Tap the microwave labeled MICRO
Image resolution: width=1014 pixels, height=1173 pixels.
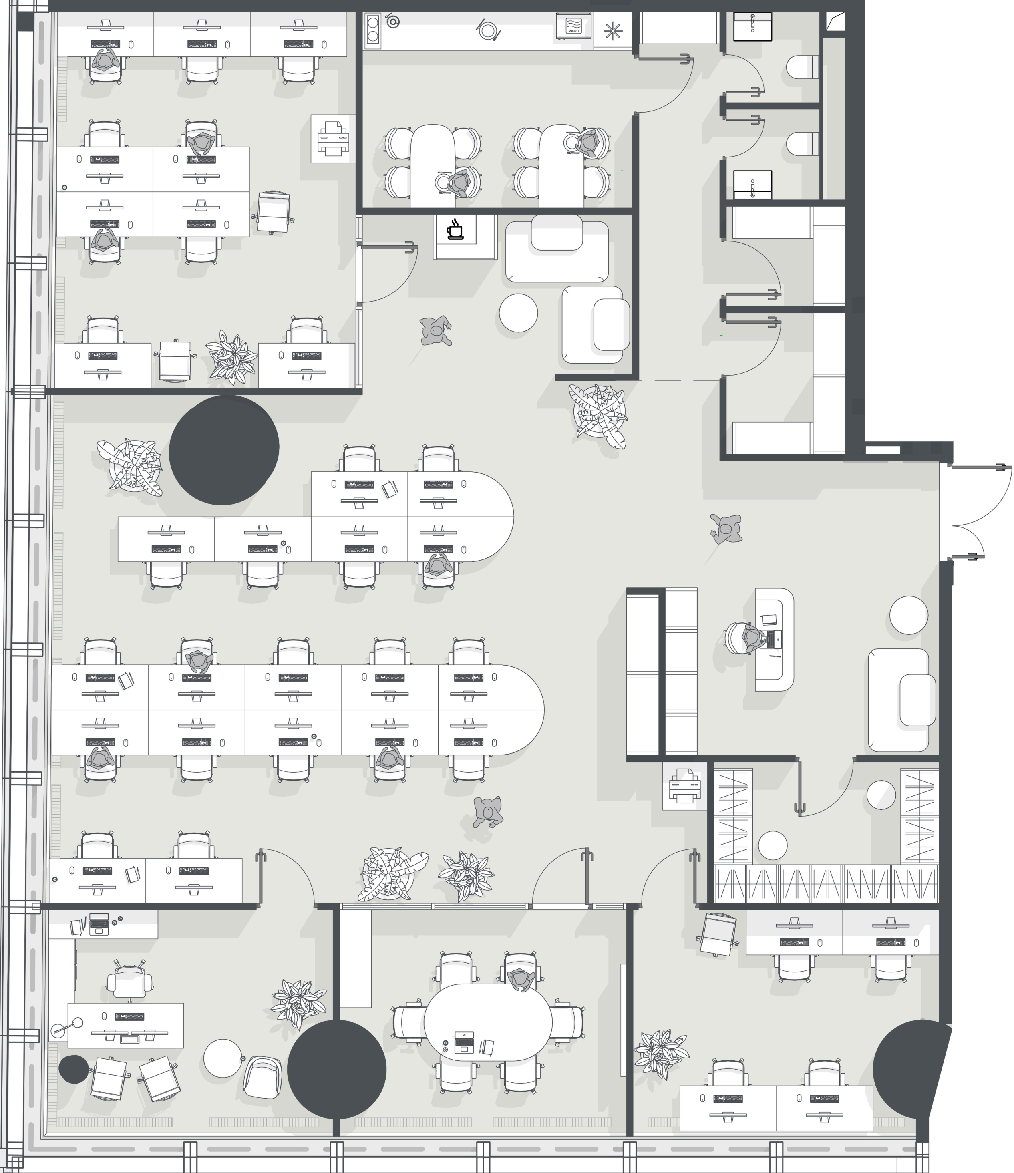click(x=573, y=26)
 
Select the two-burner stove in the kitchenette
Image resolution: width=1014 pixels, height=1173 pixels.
click(x=372, y=29)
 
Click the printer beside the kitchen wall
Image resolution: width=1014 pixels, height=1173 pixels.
click(x=333, y=138)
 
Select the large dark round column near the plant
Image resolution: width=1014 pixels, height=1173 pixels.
click(x=223, y=450)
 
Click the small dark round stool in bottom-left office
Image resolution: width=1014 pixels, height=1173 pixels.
click(x=74, y=1069)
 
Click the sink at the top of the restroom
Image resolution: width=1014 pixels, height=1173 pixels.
click(x=752, y=26)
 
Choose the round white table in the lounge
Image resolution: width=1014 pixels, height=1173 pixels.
click(x=518, y=312)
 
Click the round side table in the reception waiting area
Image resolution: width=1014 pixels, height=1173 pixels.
click(x=909, y=615)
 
